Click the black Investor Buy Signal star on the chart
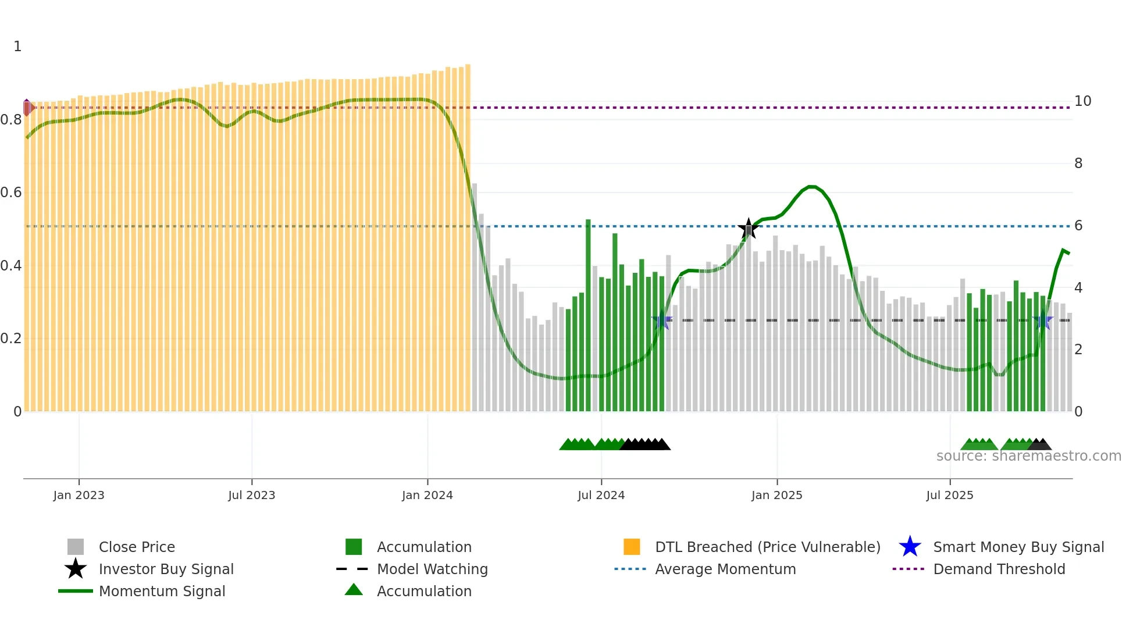tap(749, 229)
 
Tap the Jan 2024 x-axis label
tap(427, 495)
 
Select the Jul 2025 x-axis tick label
tap(949, 495)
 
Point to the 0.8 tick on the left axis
tap(11, 120)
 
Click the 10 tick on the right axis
tap(1082, 101)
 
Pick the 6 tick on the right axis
tap(1078, 226)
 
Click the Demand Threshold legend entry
tap(999, 569)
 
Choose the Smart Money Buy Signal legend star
tap(910, 547)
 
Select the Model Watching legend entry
tap(432, 569)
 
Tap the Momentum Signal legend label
tap(162, 591)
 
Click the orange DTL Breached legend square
tap(632, 547)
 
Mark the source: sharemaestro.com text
tap(1028, 456)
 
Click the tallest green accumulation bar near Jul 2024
tap(588, 314)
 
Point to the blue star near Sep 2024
tap(661, 320)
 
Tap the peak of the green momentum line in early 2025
tap(812, 187)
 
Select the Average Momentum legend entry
tap(725, 569)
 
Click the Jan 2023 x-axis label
tap(79, 495)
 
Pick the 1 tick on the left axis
tap(17, 47)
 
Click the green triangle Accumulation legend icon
tap(354, 590)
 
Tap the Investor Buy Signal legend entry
tap(166, 569)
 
